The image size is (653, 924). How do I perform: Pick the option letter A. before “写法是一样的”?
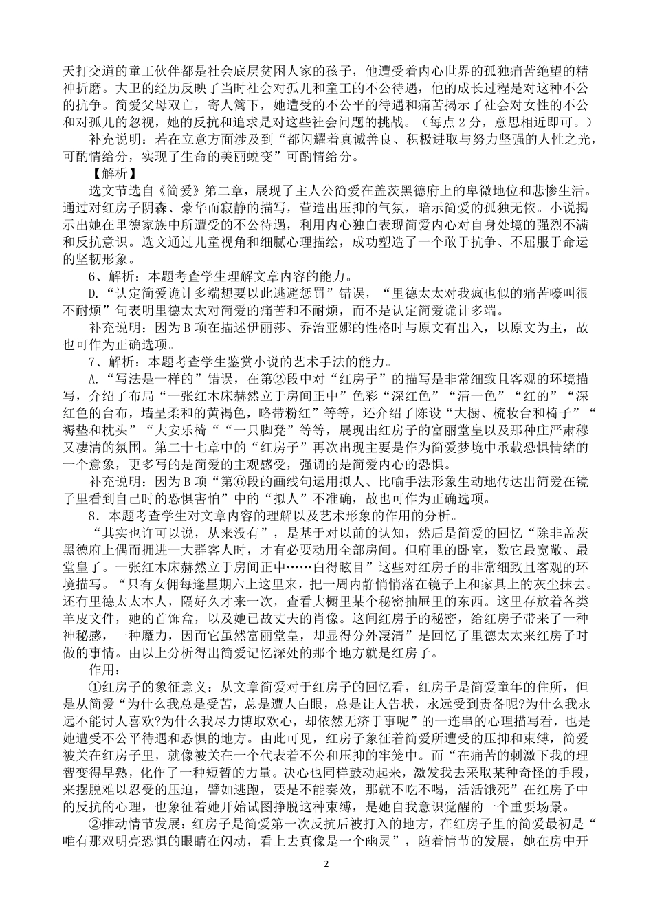[x=95, y=377]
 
